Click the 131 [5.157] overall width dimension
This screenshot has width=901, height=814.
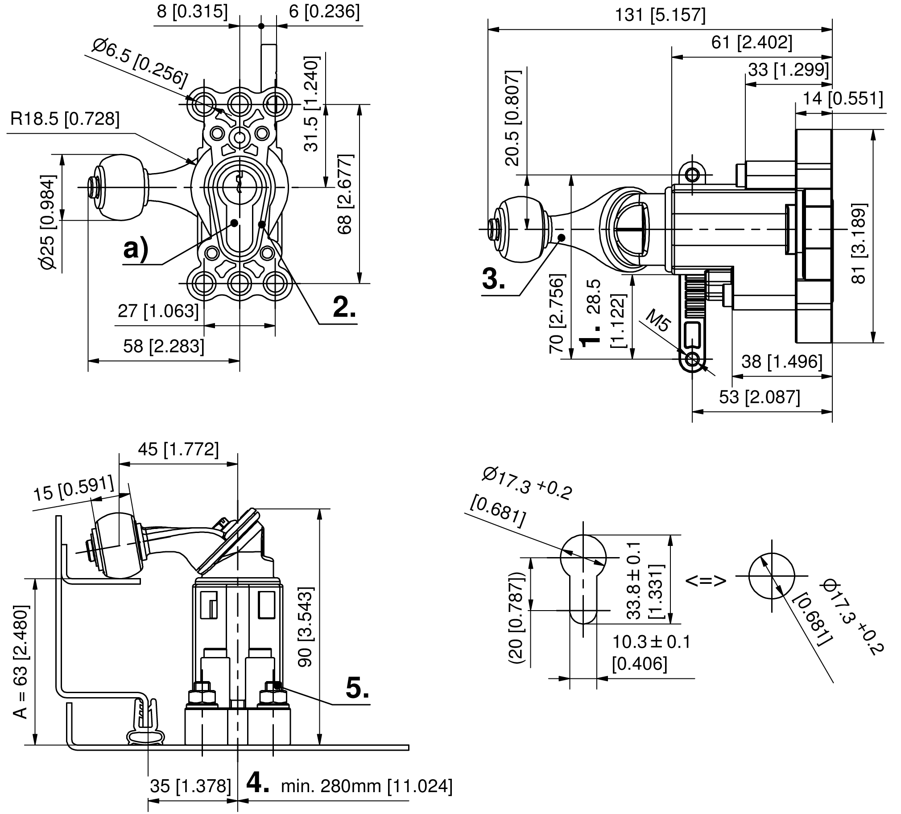[x=660, y=16]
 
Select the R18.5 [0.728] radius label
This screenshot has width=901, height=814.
[x=65, y=120]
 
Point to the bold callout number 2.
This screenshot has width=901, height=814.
[x=344, y=307]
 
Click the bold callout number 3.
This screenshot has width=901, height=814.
[x=493, y=279]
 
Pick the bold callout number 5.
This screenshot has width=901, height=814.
[x=358, y=688]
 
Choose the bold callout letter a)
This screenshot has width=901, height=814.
[x=136, y=249]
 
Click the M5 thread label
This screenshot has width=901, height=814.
[x=658, y=321]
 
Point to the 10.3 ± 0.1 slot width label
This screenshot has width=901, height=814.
[x=651, y=642]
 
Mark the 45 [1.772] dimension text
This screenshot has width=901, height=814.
[x=178, y=449]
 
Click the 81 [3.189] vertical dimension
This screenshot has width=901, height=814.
[x=859, y=244]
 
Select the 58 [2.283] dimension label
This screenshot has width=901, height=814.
[x=164, y=346]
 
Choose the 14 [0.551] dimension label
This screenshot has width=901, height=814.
[x=843, y=98]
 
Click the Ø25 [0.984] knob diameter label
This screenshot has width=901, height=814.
[x=49, y=222]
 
